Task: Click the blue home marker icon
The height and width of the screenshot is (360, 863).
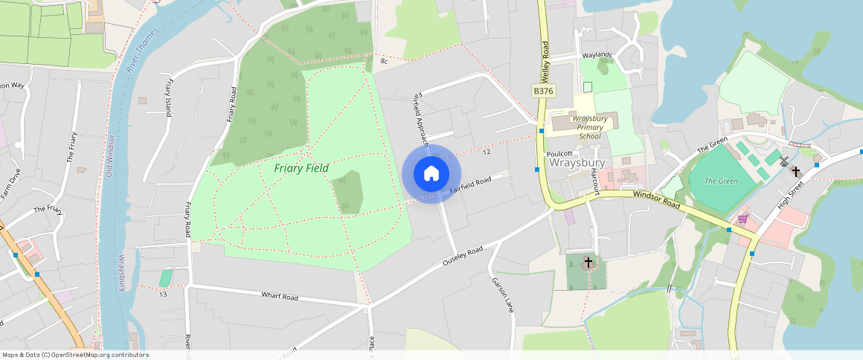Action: (x=431, y=174)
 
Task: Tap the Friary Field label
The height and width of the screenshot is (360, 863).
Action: (x=301, y=168)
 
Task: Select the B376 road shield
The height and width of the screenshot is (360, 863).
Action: (x=542, y=90)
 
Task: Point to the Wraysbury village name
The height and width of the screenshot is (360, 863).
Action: (x=577, y=163)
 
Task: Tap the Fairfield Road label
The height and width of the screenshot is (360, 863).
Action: (x=471, y=186)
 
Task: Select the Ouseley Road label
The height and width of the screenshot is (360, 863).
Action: (x=462, y=257)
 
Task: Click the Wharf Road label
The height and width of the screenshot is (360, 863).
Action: (x=279, y=297)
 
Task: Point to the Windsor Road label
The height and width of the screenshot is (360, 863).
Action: (x=657, y=199)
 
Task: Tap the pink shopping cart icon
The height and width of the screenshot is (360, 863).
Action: (x=742, y=219)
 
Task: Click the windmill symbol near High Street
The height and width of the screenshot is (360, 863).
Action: (x=783, y=161)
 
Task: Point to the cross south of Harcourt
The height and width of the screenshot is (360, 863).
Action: (x=588, y=263)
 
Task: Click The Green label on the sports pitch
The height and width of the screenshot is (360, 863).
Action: (x=721, y=181)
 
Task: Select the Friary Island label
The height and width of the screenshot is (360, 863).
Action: (x=169, y=97)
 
